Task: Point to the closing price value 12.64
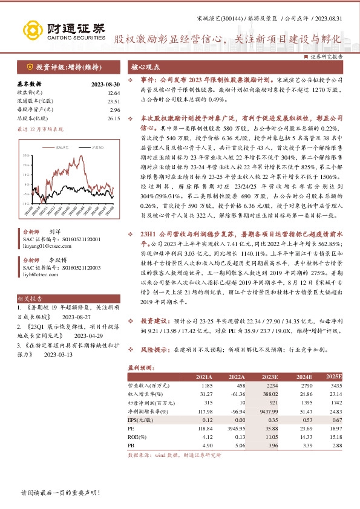tap(114, 93)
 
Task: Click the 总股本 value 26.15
tap(114, 119)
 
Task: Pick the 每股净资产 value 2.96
tap(115, 111)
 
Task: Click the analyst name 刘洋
tap(54, 232)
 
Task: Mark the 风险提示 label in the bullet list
tap(155, 349)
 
